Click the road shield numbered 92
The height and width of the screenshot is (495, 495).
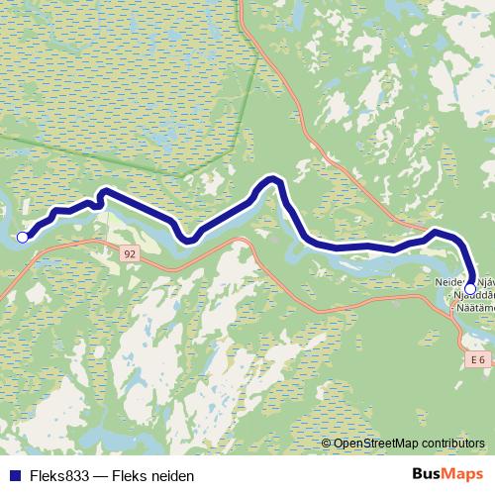[x=131, y=254]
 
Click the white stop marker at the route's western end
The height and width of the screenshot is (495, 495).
[x=22, y=237]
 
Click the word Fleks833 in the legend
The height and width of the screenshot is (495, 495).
[x=57, y=476]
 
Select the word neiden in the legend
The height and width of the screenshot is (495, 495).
[x=171, y=476]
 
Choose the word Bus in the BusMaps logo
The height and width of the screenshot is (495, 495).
[x=427, y=474]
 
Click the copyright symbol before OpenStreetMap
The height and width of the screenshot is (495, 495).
[x=327, y=444]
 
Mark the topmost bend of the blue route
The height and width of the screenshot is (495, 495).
[x=271, y=179]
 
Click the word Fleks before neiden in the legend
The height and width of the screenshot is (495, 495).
[x=130, y=476]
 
